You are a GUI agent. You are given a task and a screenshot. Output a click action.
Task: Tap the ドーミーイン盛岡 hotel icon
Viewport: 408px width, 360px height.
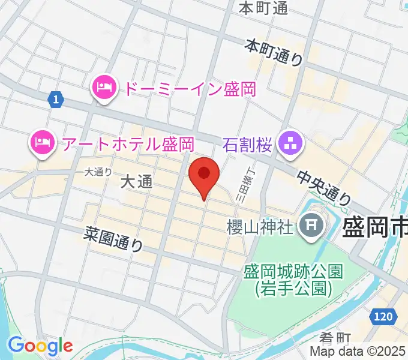tap(104, 89)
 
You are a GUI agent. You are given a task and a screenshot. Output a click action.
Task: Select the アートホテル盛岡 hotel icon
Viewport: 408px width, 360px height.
tap(40, 143)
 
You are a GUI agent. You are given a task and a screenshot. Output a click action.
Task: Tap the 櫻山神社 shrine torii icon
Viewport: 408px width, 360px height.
tap(311, 227)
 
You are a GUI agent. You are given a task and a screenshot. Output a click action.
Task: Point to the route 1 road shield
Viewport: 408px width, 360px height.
tap(55, 100)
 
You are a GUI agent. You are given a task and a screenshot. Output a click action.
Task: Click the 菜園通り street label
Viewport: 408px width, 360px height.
tap(114, 242)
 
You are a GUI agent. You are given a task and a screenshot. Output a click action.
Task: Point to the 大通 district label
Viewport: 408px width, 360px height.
tap(137, 182)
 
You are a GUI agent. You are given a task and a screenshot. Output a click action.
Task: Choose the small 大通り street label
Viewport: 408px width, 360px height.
tap(98, 172)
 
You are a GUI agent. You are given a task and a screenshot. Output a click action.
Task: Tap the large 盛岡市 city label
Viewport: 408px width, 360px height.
tap(375, 227)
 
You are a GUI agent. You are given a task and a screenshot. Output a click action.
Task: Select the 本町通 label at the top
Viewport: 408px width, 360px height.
tap(263, 8)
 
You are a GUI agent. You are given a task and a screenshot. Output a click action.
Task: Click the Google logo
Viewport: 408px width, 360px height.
tap(40, 346)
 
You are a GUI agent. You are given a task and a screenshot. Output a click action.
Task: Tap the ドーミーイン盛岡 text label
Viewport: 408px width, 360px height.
tap(190, 89)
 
